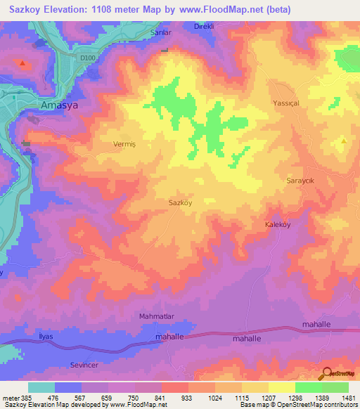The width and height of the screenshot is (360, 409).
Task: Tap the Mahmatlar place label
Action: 157,317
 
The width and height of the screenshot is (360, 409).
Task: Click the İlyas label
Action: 45,337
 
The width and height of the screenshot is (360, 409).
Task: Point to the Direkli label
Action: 206,26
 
